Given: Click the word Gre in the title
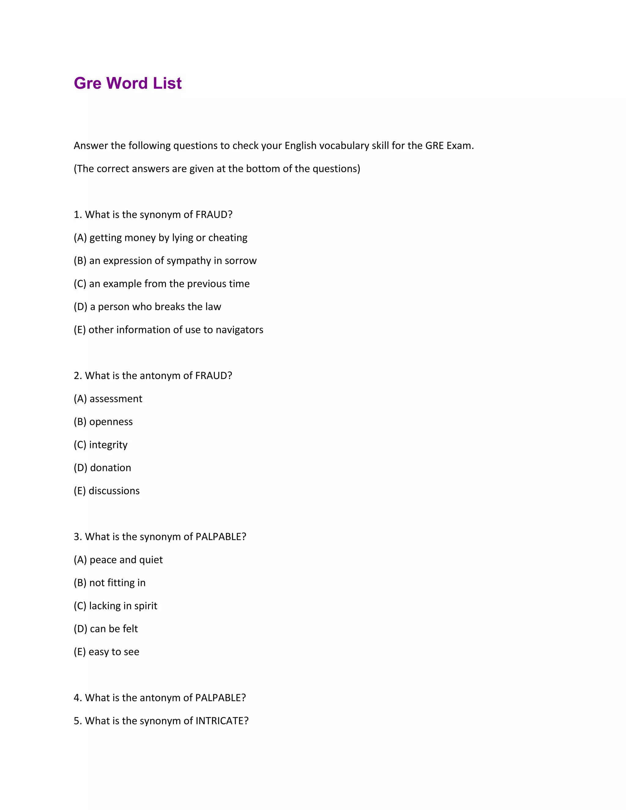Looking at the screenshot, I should tap(87, 83).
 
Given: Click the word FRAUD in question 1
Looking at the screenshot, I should tap(214, 215).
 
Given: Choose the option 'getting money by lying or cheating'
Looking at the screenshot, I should tap(168, 238).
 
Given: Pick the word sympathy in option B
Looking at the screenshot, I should tap(188, 261).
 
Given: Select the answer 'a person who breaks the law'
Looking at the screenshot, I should tap(155, 307).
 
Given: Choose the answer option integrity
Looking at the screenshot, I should tap(108, 445).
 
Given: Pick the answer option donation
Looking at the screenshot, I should tap(111, 468).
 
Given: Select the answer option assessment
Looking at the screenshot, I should tap(116, 399).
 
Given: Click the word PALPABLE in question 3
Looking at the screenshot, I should tap(221, 537).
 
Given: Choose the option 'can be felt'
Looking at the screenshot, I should tap(114, 629).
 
